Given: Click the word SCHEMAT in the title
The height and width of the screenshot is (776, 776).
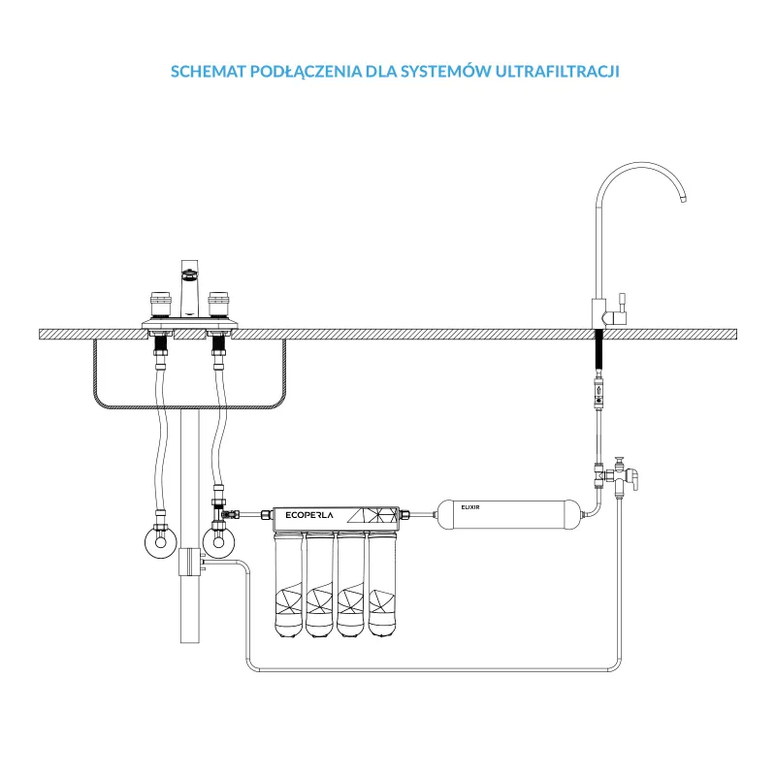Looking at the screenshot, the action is coord(209,71).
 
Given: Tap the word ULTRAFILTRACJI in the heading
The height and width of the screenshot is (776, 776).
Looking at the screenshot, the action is coord(557,71).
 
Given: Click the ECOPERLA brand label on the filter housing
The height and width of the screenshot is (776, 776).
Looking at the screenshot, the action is coord(309,515).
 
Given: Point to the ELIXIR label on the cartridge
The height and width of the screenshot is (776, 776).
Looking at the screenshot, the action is coord(470,507).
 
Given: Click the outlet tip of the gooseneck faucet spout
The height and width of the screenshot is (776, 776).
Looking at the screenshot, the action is coord(683,200).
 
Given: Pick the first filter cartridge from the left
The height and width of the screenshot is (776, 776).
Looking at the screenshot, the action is coord(288,585).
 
